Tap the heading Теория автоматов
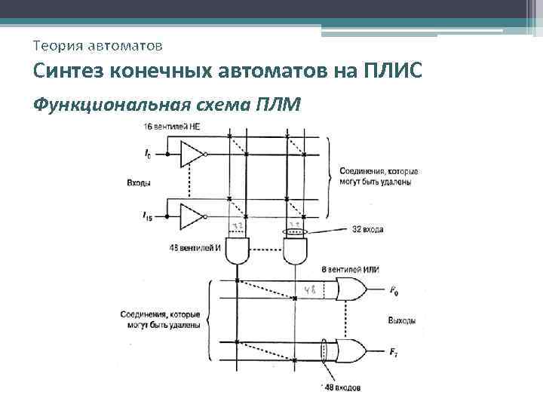pos(97,47)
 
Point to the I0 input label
pos(147,155)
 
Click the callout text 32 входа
pos(367,228)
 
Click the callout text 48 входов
pos(339,387)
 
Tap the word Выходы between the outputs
pos(401,320)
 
